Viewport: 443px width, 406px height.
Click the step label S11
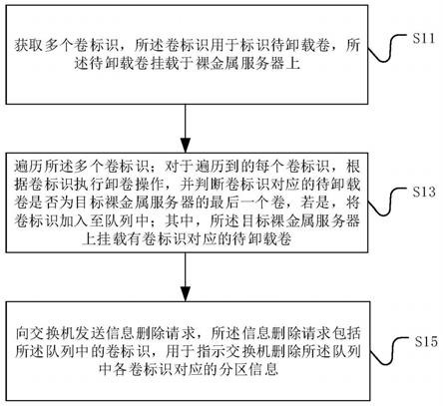(424, 39)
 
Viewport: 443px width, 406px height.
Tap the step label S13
(424, 192)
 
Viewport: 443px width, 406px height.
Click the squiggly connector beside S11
(388, 49)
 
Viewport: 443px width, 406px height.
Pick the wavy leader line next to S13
(388, 202)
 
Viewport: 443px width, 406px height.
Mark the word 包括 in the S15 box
(346, 333)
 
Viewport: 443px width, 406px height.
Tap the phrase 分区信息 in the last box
(248, 369)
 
